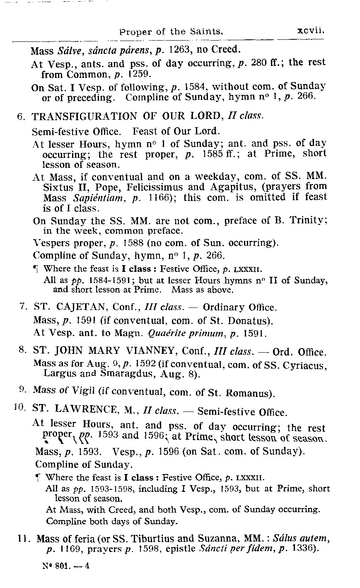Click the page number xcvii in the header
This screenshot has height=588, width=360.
(x=309, y=30)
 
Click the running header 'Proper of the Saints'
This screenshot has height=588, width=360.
(x=171, y=31)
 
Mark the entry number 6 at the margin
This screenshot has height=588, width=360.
(x=22, y=117)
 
